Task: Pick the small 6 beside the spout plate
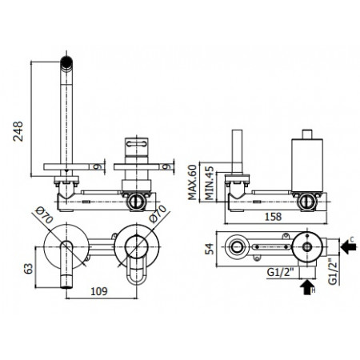(97, 166)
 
